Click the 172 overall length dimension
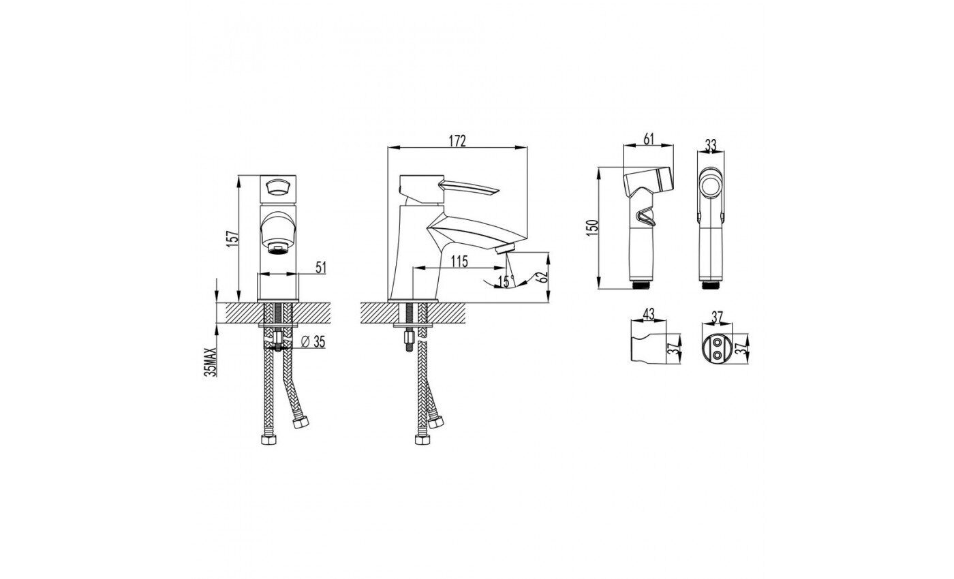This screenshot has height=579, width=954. pyautogui.click(x=457, y=141)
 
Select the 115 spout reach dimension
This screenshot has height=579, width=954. pyautogui.click(x=459, y=261)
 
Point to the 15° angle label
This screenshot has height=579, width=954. pyautogui.click(x=506, y=281)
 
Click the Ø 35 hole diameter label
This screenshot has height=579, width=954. pyautogui.click(x=313, y=341)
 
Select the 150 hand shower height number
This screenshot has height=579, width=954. pyautogui.click(x=592, y=228)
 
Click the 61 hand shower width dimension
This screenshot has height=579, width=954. pyautogui.click(x=648, y=139)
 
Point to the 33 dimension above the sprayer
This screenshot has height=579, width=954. pyautogui.click(x=710, y=146)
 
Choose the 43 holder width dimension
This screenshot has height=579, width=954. pyautogui.click(x=648, y=314)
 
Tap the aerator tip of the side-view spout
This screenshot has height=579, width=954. pyautogui.click(x=507, y=249)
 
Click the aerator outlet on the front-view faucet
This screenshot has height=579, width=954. pyautogui.click(x=278, y=248)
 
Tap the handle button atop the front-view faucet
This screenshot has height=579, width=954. pyautogui.click(x=277, y=187)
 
